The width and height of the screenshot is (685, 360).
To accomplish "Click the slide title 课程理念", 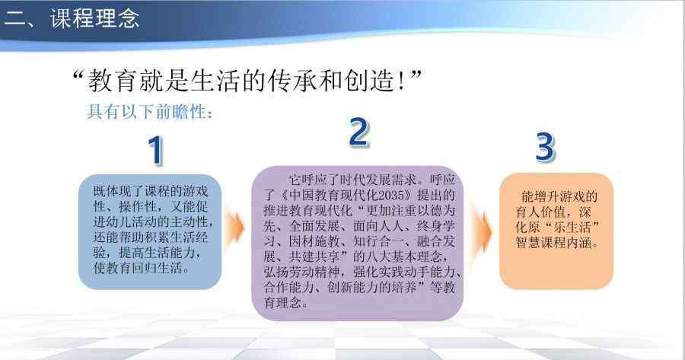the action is coord(95,18).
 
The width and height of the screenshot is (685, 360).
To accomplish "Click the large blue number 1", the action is coord(155,150).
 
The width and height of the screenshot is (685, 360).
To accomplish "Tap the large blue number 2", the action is coord(359,132).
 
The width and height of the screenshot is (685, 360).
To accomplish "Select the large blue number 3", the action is coord(545,146).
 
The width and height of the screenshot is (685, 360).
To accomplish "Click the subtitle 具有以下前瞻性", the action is coord(146,112).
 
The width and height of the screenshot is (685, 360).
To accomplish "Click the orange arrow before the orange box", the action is coord(481,232).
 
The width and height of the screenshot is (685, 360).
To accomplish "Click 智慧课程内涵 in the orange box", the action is coord(553,243).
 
